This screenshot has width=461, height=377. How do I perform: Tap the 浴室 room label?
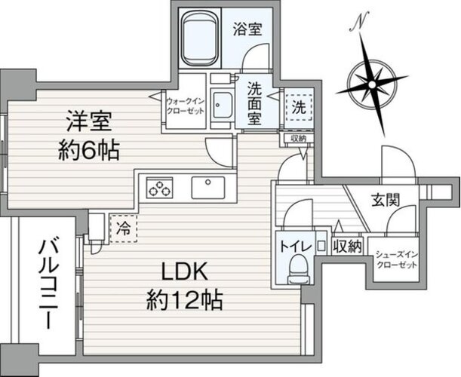click(x=247, y=29)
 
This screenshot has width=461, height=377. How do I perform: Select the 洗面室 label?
click(x=254, y=103)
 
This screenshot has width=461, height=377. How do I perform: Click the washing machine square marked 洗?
click(x=299, y=108)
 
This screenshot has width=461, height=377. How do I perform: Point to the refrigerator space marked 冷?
click(x=124, y=228)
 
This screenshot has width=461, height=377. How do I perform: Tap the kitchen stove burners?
click(x=160, y=188)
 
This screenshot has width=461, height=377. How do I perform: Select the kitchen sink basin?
click(x=208, y=188)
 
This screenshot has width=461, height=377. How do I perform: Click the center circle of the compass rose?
click(x=372, y=85)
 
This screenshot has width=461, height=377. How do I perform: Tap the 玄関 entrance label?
click(x=386, y=200)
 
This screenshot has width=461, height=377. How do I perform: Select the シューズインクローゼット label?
click(x=397, y=260)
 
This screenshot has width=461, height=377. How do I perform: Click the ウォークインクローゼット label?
click(x=185, y=106)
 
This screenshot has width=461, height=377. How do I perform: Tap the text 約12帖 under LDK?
click(x=184, y=300)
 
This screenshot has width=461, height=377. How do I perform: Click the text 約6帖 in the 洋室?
click(x=89, y=151)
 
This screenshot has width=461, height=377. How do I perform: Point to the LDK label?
click(x=185, y=270)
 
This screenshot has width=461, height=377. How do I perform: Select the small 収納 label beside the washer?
click(x=299, y=138)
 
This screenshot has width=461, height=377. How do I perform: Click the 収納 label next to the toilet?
click(x=348, y=247)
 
